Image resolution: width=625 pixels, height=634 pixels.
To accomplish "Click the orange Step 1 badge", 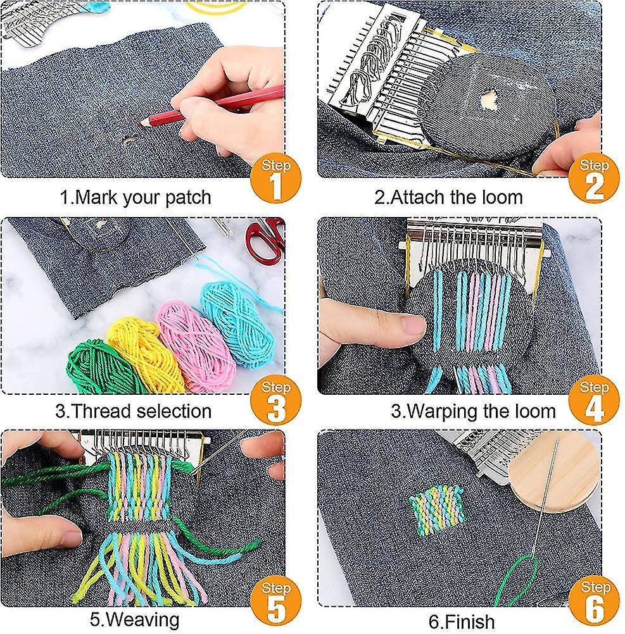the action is pyautogui.click(x=275, y=179).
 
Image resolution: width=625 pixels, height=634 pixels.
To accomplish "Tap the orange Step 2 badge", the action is pyautogui.click(x=593, y=179).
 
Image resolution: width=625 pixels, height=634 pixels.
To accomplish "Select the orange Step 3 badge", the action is pyautogui.click(x=275, y=401).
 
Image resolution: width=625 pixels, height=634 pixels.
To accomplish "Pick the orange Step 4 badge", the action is pyautogui.click(x=593, y=401).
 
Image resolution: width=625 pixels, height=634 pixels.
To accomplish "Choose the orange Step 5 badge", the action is pyautogui.click(x=275, y=601).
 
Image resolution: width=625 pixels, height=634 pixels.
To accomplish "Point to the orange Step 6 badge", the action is pyautogui.click(x=593, y=601).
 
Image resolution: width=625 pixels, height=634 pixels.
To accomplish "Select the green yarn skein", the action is pyautogui.click(x=101, y=368).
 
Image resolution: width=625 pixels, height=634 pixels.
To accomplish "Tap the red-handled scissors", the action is pyautogui.click(x=265, y=239).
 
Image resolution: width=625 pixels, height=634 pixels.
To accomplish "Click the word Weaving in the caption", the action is pyautogui.click(x=145, y=620).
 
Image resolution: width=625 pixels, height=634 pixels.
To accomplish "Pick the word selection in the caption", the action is pyautogui.click(x=174, y=411).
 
